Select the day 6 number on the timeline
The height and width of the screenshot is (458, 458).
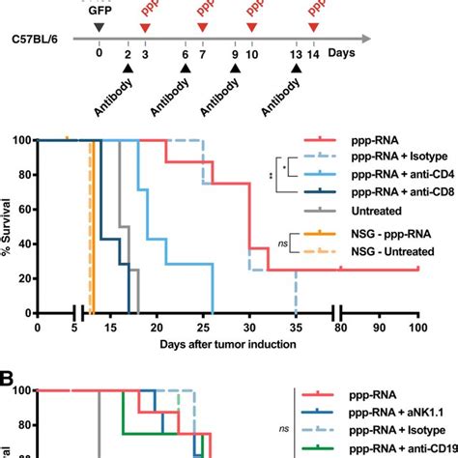185,60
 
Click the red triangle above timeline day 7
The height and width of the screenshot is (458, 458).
201,26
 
